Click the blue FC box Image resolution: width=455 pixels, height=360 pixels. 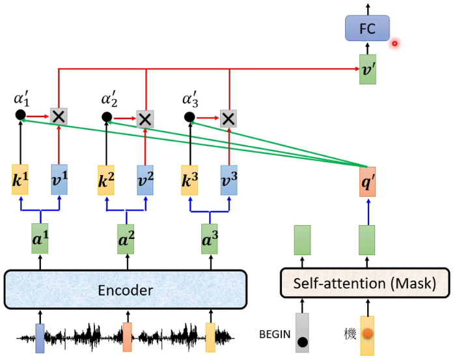point(367,28)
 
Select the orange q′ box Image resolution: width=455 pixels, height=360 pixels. point(367,182)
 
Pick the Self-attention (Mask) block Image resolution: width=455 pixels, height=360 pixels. point(366,284)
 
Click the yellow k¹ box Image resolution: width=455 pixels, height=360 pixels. point(20,180)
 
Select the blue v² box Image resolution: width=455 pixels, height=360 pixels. point(145,180)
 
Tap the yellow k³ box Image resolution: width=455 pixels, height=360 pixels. point(190,180)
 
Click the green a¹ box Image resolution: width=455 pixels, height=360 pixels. point(40,239)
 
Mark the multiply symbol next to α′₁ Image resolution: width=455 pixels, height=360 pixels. point(59,117)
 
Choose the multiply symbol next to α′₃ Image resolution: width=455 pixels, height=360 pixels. point(228,118)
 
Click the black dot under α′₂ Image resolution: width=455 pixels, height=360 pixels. point(106,117)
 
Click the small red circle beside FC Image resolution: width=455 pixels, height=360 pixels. point(394,44)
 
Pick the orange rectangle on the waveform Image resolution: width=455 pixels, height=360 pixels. point(127,337)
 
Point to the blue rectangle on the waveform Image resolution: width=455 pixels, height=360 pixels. point(40,338)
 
